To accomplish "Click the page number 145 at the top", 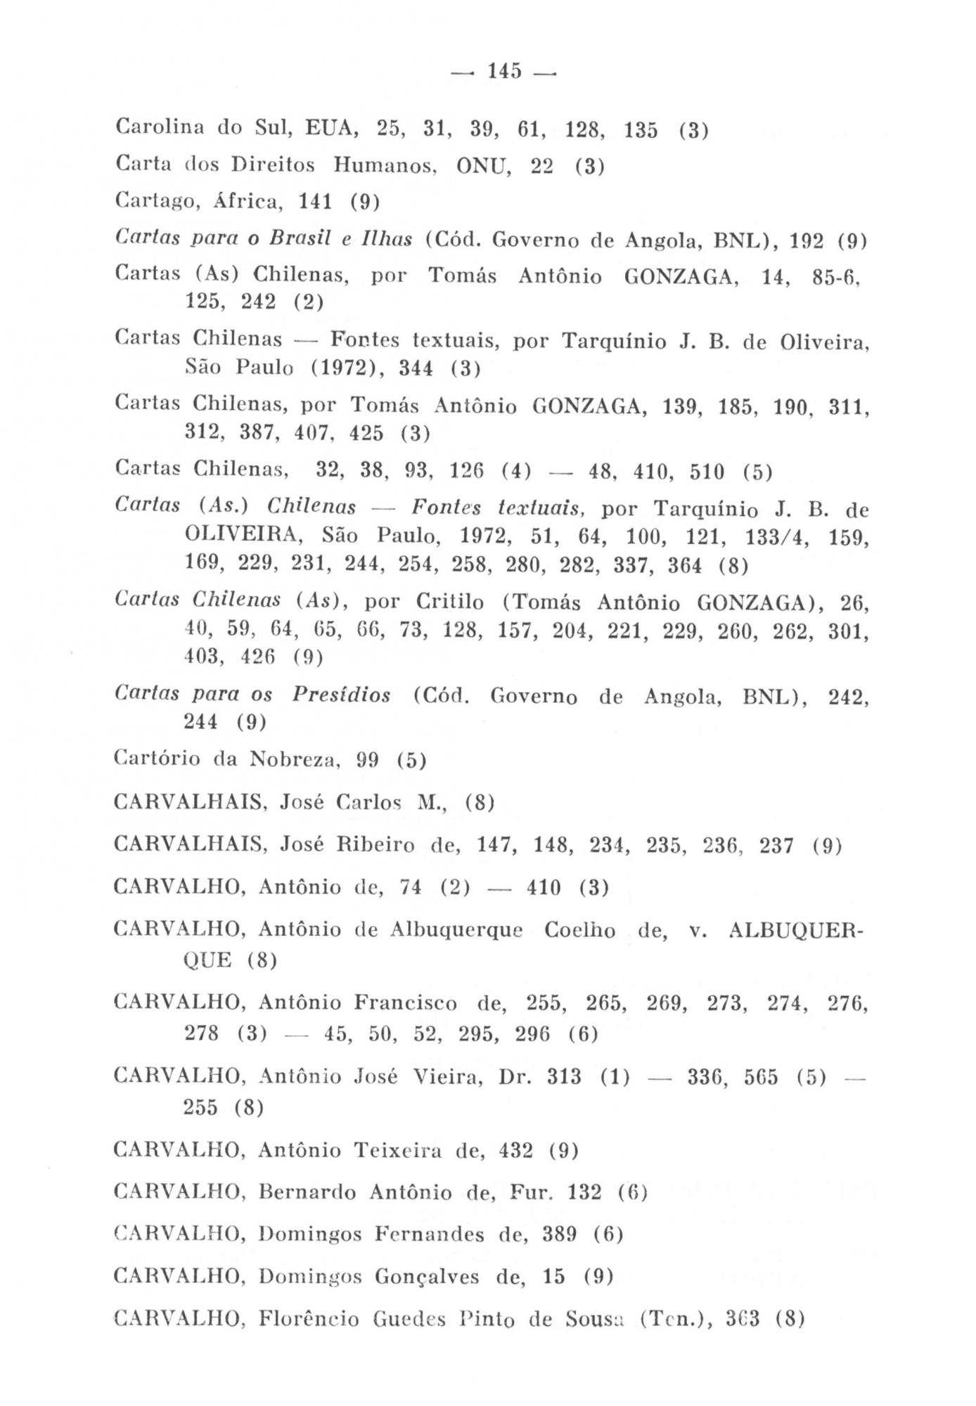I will (x=504, y=71).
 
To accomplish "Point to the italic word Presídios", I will (x=341, y=695).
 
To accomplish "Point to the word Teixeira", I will (x=399, y=1150).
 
